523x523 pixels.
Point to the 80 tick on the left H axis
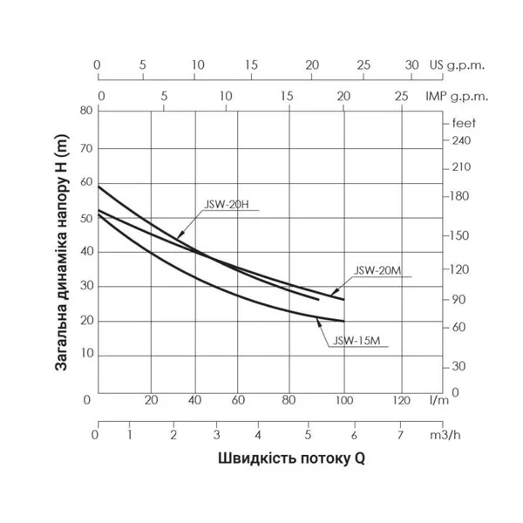85,112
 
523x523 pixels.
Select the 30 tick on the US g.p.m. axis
412,65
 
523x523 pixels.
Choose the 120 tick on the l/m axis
400,400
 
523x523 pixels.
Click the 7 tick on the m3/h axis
400,434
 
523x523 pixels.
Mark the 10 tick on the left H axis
85,356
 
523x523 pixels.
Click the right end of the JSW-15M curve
344,322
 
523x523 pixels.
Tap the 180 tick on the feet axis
460,196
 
